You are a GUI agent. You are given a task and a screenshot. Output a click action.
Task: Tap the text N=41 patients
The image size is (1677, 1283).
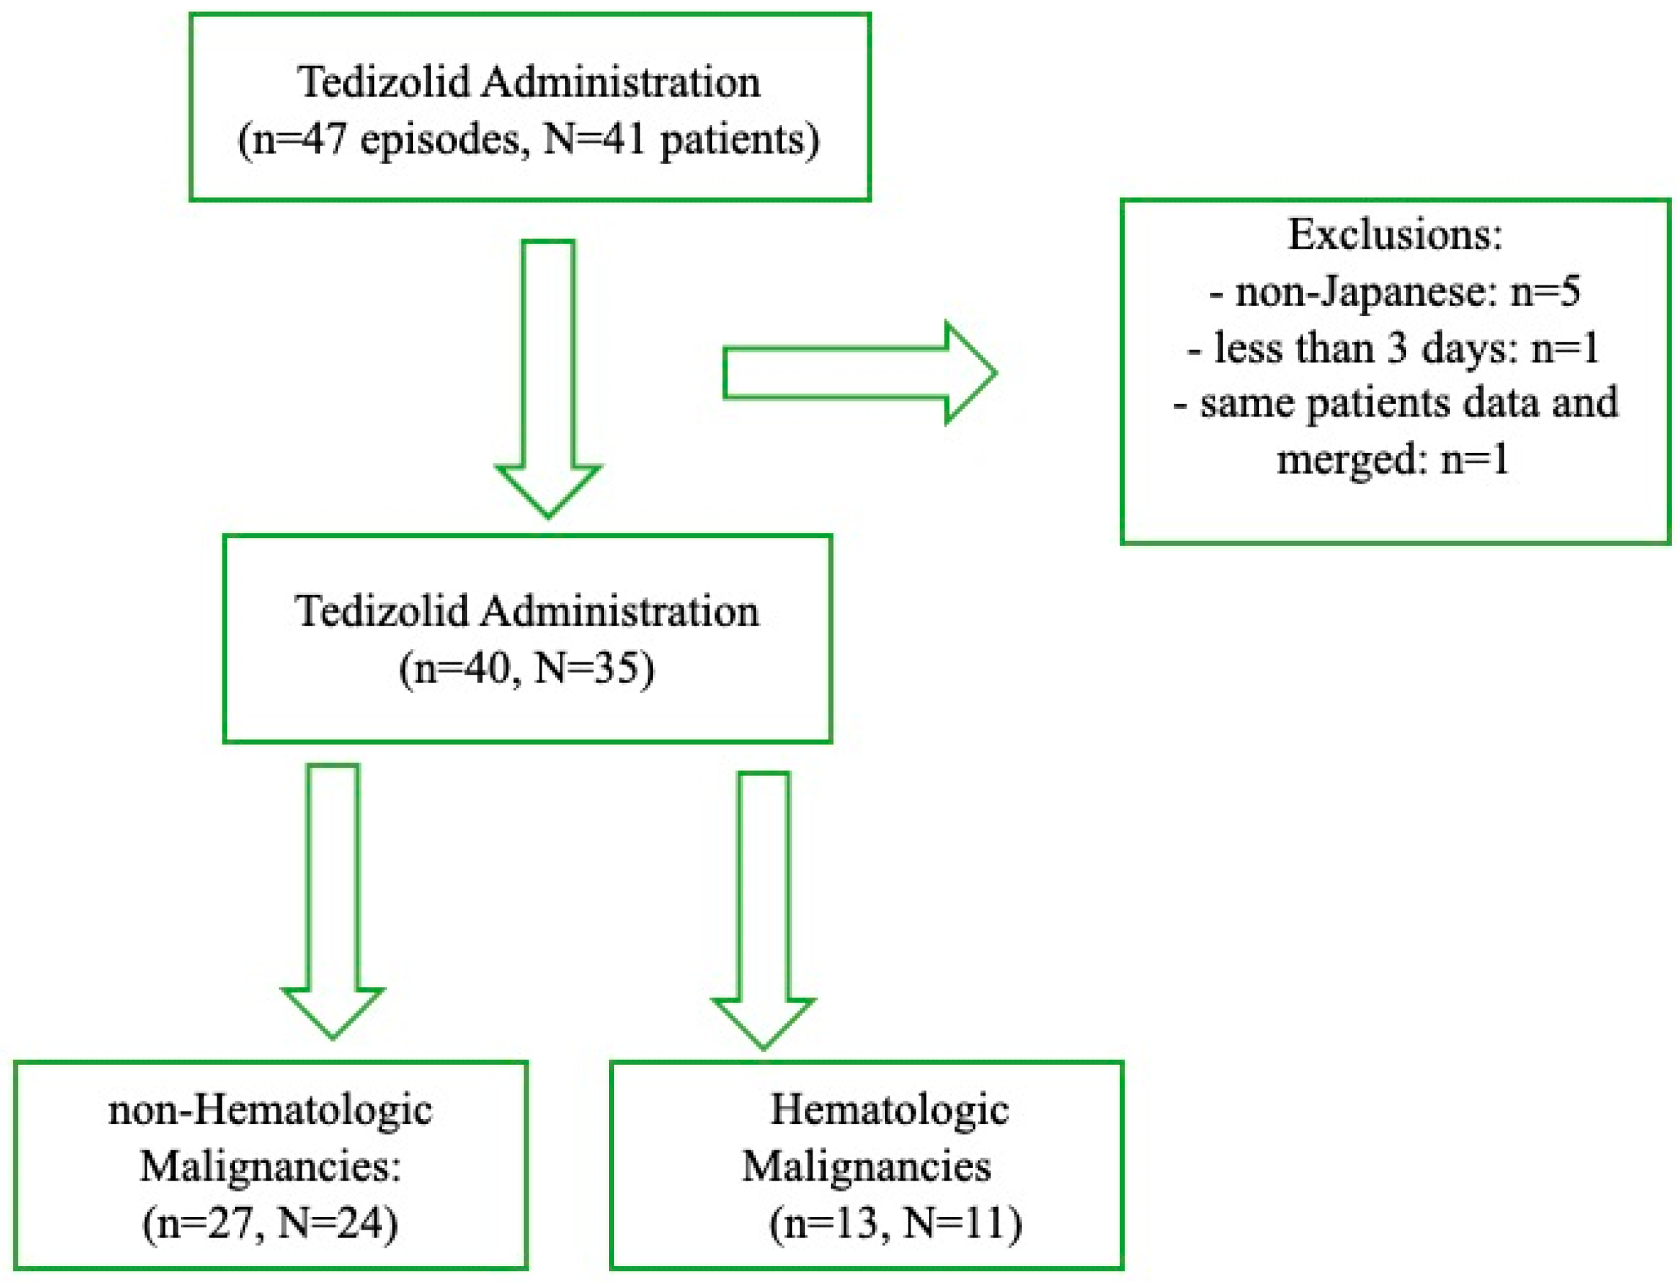tap(680, 141)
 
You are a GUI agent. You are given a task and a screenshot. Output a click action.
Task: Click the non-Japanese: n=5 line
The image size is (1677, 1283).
tap(1395, 291)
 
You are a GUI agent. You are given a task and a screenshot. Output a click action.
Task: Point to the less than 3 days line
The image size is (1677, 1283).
tap(1394, 348)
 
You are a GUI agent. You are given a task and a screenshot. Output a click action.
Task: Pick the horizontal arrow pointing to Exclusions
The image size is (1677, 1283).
tap(859, 373)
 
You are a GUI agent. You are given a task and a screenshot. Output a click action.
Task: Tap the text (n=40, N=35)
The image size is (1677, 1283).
tap(527, 669)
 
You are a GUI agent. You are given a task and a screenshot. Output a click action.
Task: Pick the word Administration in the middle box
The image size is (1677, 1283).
tap(619, 612)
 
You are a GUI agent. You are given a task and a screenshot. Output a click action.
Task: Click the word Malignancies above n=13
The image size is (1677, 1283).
tap(867, 1166)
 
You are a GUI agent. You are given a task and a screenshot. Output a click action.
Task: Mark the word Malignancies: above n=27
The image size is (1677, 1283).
tap(270, 1166)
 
